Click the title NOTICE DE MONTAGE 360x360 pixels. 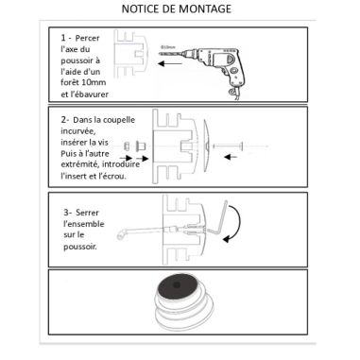(x=180, y=9)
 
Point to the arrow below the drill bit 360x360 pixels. (x=170, y=68)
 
